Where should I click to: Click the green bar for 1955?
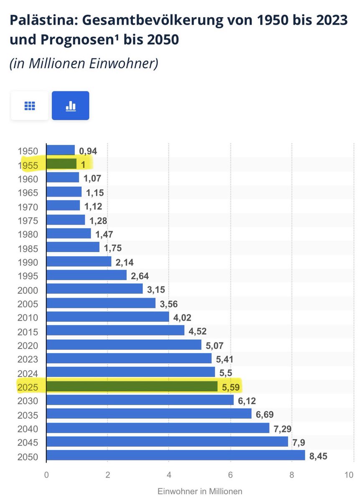(x=61, y=164)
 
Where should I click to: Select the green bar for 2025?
(x=132, y=387)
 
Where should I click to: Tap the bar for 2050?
(x=176, y=455)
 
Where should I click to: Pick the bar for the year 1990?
(x=79, y=261)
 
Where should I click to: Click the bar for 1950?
(x=61, y=150)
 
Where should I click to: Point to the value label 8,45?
(x=318, y=456)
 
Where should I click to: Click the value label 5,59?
(x=231, y=387)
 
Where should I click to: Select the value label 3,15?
(x=156, y=290)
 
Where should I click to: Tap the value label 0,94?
(x=88, y=151)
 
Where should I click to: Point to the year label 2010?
(x=28, y=318)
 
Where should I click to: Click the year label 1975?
(x=28, y=221)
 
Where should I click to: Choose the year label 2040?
(x=28, y=429)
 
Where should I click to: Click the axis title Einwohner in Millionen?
(x=200, y=491)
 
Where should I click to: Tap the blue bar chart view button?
(x=71, y=106)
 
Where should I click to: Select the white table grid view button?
(x=30, y=106)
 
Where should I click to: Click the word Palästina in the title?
(x=44, y=20)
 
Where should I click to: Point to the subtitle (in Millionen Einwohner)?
(x=84, y=64)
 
